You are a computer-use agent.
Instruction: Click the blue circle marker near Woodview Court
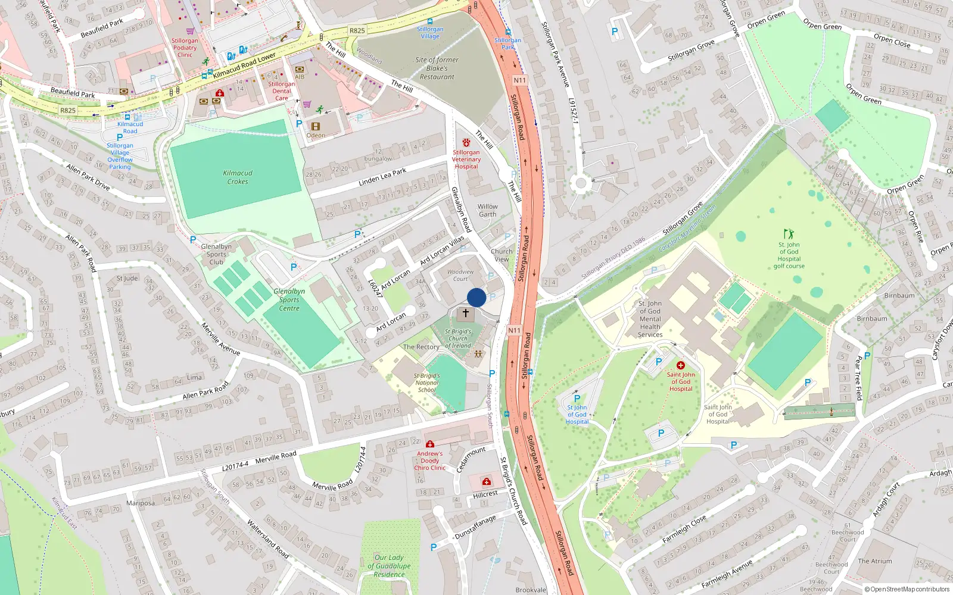[476, 297]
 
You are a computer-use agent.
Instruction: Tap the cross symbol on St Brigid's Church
[466, 312]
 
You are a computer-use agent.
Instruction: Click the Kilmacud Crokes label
[238, 177]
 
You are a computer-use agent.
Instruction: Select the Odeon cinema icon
[315, 126]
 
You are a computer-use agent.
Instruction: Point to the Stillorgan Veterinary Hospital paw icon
[466, 143]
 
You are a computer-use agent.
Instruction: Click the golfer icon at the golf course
[789, 234]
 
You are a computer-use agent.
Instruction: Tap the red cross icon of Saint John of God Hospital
[680, 365]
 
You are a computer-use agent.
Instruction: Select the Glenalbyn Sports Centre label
[289, 299]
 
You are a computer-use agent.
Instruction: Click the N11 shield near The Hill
[519, 80]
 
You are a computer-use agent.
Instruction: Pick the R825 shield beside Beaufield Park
[68, 110]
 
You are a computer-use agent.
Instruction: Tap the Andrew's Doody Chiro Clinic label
[429, 461]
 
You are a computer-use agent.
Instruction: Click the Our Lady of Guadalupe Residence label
[389, 566]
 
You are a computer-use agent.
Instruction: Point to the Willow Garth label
[487, 211]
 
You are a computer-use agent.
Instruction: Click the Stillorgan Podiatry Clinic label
[185, 48]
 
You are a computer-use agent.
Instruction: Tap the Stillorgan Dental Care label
[281, 91]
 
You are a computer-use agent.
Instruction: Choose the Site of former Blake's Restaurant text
[437, 68]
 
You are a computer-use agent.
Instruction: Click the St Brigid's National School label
[427, 383]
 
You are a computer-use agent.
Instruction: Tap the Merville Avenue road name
[220, 339]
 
